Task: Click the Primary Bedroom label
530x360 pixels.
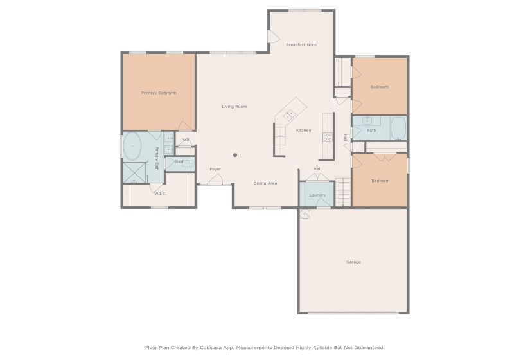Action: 159,93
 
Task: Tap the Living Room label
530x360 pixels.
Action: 234,107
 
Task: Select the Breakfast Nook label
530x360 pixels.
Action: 301,44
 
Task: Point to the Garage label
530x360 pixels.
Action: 353,262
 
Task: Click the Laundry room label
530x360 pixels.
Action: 317,195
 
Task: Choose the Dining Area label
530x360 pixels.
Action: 265,183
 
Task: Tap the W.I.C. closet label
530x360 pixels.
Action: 160,194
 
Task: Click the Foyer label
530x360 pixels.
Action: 215,169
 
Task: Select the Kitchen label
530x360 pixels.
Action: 303,130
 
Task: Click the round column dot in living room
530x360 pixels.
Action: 235,155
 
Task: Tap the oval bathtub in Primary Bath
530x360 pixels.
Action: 132,146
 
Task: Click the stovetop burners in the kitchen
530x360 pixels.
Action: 328,137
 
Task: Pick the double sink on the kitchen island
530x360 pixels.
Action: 289,115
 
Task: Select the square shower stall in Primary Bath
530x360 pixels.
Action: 135,172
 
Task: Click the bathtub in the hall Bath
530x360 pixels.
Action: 398,129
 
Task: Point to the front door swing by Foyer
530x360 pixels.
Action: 215,179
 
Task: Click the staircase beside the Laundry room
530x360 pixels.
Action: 344,192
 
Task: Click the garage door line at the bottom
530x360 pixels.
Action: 353,313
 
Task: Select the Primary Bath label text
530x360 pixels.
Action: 157,158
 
